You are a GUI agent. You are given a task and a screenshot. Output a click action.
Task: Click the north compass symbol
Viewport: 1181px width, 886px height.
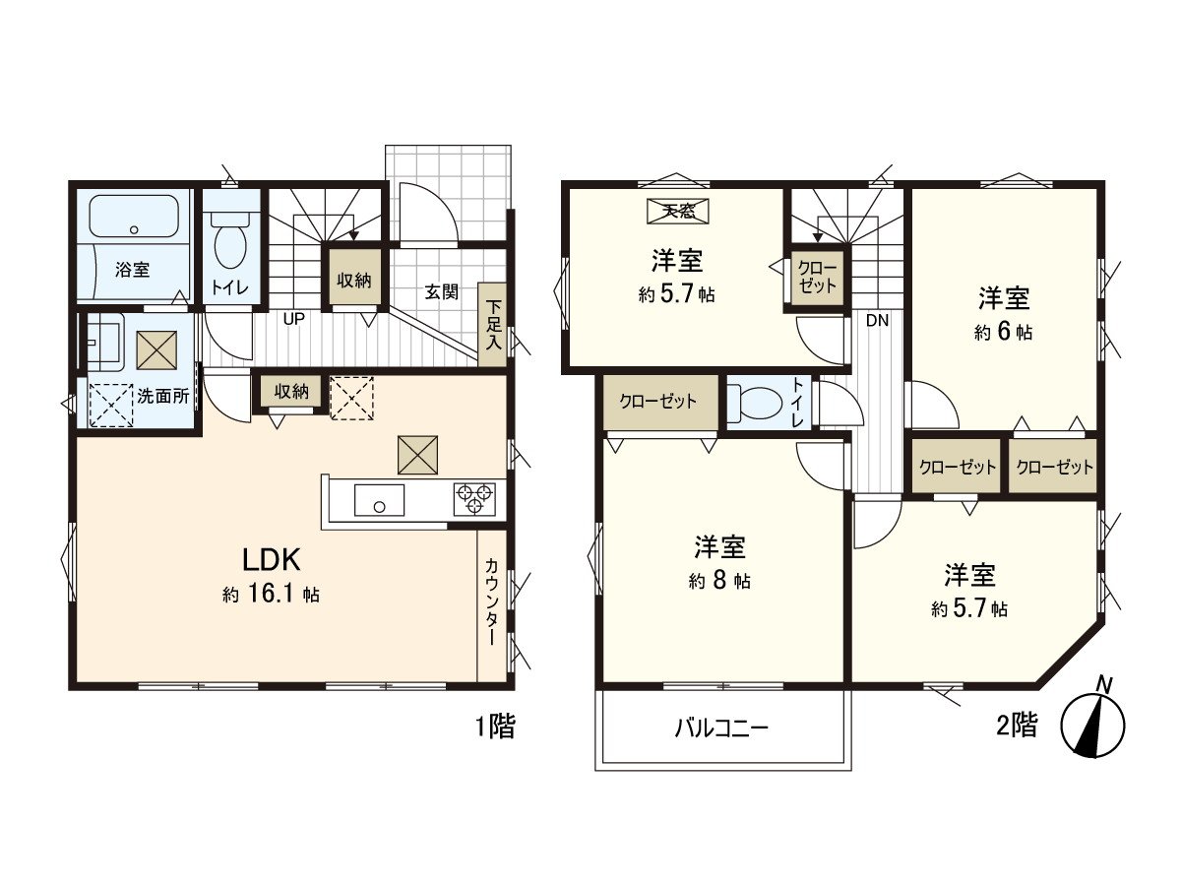(1092, 725)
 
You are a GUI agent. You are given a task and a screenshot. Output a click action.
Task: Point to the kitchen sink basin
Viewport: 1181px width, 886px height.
(379, 500)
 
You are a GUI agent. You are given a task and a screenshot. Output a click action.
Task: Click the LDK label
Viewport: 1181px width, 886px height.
(272, 560)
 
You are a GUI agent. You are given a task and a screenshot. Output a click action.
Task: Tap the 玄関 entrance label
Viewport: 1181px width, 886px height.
(441, 292)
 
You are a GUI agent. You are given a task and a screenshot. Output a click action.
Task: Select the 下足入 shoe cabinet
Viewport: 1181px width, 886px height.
(493, 325)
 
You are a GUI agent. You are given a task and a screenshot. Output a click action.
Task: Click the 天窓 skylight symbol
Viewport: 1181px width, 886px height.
(677, 211)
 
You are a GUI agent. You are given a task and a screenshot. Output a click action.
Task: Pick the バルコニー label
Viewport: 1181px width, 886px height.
(721, 728)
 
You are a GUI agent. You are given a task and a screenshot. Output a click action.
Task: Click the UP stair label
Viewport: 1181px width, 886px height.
(293, 319)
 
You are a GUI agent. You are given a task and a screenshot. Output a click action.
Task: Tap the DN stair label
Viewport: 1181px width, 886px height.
(877, 321)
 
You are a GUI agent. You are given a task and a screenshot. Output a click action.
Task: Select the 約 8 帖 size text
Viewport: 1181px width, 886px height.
(719, 581)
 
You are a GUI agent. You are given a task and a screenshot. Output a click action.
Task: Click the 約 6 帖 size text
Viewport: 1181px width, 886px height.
(1003, 333)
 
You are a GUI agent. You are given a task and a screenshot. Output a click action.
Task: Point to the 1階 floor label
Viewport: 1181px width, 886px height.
(495, 727)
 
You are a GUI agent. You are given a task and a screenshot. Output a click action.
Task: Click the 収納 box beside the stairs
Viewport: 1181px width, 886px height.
(354, 280)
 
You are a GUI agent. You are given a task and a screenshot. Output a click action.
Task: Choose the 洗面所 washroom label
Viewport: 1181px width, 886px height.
(163, 396)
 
